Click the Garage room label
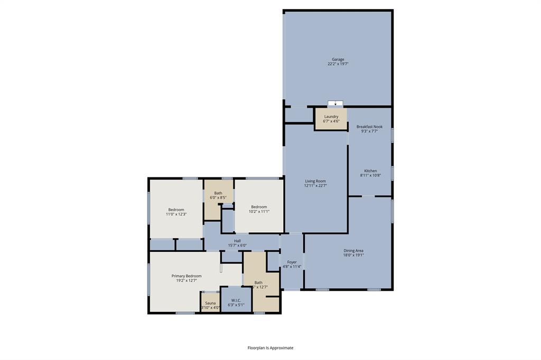coord(338,59)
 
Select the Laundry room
coord(331,119)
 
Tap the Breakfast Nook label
coord(373,127)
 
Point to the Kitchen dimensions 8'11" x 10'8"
coord(370,176)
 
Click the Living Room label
coord(315,181)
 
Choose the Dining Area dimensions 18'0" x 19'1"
coord(353,255)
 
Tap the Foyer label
coord(292,262)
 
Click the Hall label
coord(237,241)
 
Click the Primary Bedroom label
coord(186,276)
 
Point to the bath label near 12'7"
coord(258,282)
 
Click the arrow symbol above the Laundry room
coord(335,103)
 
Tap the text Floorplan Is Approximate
coord(270,348)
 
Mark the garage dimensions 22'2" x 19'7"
coord(338,64)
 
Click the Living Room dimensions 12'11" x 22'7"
coord(315,186)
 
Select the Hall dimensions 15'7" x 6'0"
coord(237,245)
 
